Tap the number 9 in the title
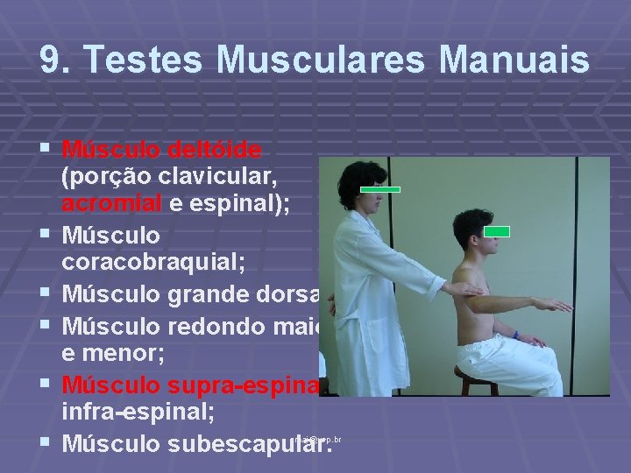(51, 60)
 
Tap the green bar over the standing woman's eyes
(381, 189)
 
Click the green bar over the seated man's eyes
(497, 231)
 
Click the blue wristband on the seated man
(516, 335)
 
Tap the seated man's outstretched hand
(556, 305)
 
